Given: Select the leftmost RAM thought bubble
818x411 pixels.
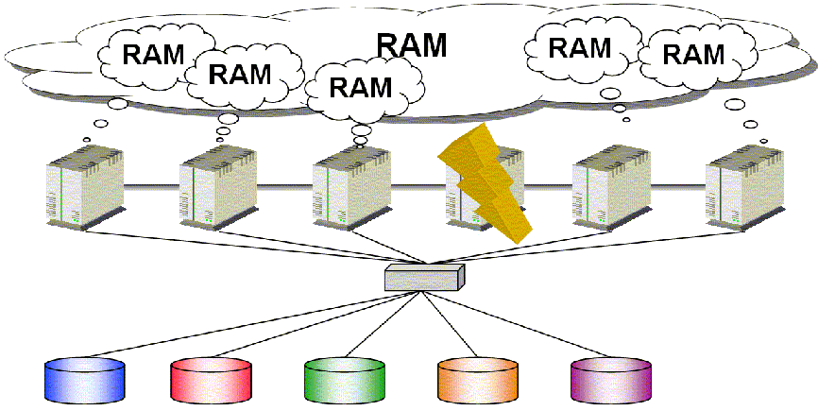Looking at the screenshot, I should pos(151,53).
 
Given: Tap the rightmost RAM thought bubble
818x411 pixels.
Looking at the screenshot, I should pos(693,53).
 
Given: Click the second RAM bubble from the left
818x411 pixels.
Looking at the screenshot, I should pos(238,73).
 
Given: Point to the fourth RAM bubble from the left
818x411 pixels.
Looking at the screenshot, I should pos(580,47).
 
